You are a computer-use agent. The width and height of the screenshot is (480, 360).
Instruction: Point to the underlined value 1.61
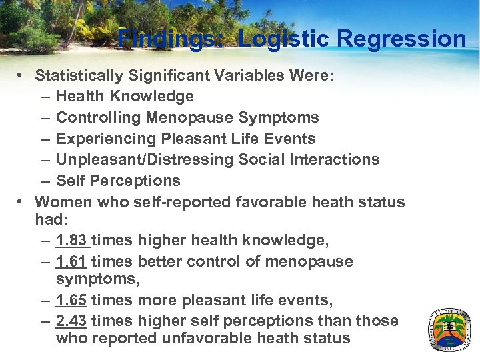pos(71,262)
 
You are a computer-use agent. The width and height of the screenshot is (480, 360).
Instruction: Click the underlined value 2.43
pos(71,321)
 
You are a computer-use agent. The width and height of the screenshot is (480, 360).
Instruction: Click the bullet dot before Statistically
pos(22,75)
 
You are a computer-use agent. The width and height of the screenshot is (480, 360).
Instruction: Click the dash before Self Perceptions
pos(44,181)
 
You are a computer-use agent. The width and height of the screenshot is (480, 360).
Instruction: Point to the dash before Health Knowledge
pos(44,97)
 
